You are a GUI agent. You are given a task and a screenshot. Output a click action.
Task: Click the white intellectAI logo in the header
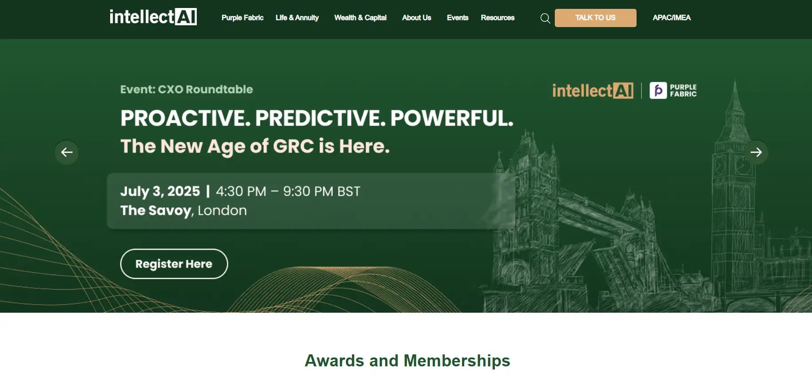[153, 17]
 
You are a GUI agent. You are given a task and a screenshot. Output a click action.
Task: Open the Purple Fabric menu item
[242, 18]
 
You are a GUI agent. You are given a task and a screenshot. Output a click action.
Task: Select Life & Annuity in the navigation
[297, 18]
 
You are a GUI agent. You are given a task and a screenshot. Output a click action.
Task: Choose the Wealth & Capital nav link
[360, 18]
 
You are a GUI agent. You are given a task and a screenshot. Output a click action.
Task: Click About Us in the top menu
[416, 18]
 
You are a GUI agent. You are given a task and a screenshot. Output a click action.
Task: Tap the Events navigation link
[458, 18]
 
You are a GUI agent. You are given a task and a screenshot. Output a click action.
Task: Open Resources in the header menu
[498, 18]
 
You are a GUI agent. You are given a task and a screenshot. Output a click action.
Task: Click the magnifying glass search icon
[545, 18]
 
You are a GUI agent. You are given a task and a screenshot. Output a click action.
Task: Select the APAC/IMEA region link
[671, 18]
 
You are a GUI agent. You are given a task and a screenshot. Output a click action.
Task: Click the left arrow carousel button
[67, 153]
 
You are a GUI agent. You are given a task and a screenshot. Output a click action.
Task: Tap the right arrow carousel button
[756, 153]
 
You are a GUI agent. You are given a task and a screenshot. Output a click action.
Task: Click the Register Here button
[174, 264]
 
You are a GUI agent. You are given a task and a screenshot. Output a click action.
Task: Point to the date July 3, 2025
[160, 191]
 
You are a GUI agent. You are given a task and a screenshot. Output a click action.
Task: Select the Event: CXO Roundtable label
[186, 89]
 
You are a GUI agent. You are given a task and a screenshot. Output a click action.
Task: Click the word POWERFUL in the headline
[451, 118]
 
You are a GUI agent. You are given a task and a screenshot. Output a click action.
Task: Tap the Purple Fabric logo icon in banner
[658, 90]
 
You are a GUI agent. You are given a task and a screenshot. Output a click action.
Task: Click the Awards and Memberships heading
[407, 361]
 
